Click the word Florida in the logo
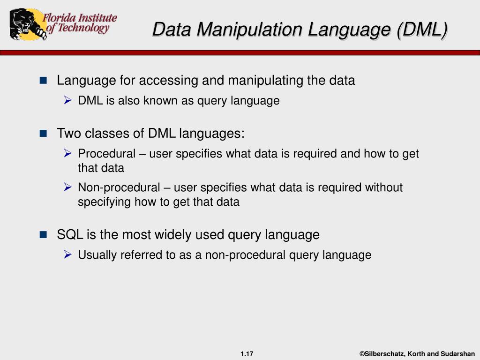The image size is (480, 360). [60, 18]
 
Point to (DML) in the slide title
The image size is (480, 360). [422, 30]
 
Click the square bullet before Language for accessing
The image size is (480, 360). [43, 81]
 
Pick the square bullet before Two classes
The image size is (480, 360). [43, 134]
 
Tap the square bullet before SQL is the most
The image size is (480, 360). [43, 235]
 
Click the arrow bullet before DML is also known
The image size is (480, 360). [67, 100]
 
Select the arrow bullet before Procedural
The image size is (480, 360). [67, 153]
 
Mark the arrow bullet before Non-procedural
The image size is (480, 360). [67, 187]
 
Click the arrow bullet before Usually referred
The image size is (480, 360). [67, 255]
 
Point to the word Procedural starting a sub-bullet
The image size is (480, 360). [106, 153]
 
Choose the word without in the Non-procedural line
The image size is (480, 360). [384, 187]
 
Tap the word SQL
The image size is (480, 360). [70, 235]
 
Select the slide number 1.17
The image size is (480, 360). [247, 354]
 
